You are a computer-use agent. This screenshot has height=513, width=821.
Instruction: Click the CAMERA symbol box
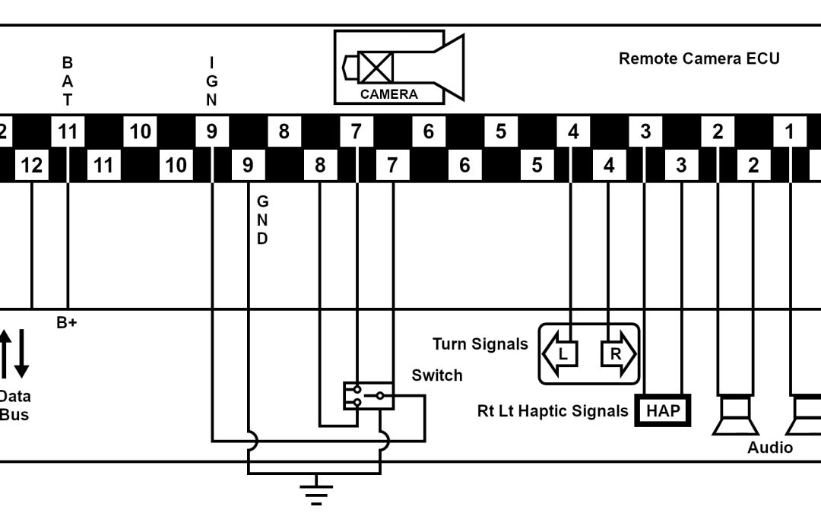[398, 67]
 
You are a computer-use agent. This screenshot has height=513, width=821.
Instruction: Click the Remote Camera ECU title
[699, 59]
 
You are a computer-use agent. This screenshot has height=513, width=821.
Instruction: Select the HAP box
[662, 411]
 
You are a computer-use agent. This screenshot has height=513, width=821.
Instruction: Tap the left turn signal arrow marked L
[559, 354]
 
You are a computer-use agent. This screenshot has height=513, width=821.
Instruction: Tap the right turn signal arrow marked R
[617, 354]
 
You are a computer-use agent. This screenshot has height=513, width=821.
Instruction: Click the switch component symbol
[368, 396]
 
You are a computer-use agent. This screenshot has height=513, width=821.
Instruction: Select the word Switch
[436, 375]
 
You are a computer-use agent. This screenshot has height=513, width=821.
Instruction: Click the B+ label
[67, 322]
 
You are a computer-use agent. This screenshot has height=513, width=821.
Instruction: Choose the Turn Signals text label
[480, 344]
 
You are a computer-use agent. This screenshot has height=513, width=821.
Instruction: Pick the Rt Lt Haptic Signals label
[553, 411]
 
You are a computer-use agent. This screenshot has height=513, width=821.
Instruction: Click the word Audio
[769, 448]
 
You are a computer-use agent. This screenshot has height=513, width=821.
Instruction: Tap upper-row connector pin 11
[68, 131]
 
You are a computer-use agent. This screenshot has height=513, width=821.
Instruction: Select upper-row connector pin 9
[211, 131]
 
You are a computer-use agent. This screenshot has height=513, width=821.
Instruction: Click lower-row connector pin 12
[32, 165]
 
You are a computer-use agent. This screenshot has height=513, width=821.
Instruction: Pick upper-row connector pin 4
[572, 131]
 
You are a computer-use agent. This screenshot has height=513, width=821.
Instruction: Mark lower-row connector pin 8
[320, 165]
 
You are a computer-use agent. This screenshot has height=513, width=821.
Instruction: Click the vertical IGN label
[211, 81]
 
